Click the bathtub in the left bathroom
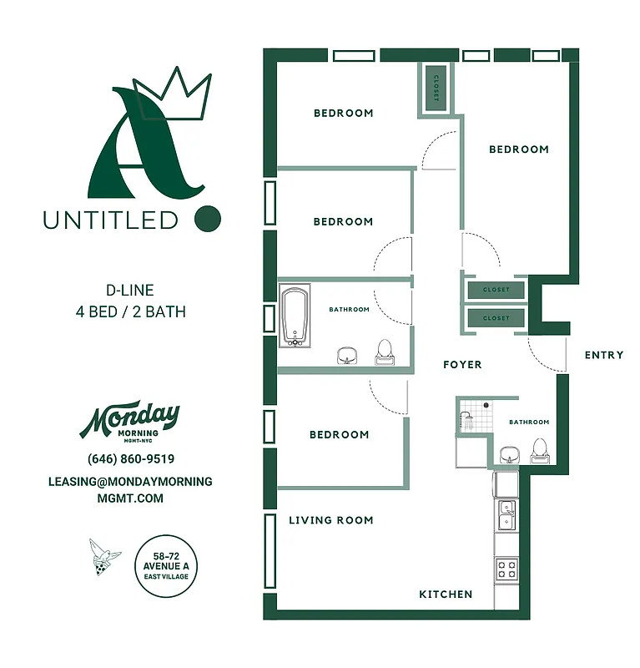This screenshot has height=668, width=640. point(295,316)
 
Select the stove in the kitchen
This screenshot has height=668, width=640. point(506,570)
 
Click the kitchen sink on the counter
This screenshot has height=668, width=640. point(506,516)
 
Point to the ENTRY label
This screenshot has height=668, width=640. point(604,355)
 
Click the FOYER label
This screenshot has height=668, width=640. point(462,365)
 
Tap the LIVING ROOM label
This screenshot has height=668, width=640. point(331,520)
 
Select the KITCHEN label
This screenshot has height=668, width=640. point(446,595)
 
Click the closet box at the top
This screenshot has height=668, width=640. point(436,88)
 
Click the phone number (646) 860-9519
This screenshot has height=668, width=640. point(131,459)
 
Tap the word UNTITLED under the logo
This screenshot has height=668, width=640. point(111,220)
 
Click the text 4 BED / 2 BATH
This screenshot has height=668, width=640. point(130,312)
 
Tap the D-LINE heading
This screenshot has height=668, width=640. point(130,291)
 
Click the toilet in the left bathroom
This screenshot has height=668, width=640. point(385,352)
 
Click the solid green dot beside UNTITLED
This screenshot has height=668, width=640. point(208,220)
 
